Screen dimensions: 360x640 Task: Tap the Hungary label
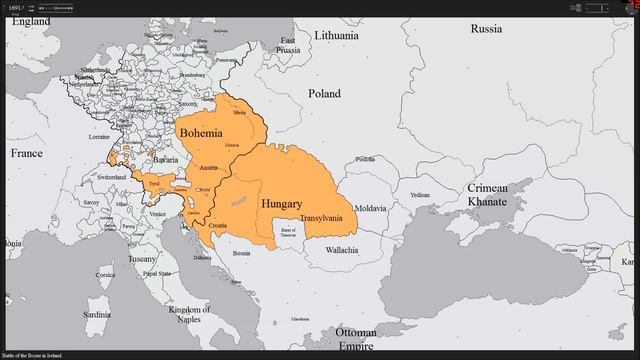click(x=281, y=204)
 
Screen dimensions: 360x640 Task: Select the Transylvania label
click(x=321, y=217)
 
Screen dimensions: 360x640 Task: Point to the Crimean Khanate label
click(x=487, y=195)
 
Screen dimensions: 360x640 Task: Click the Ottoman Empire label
click(x=356, y=339)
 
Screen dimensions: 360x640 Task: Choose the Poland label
click(x=324, y=93)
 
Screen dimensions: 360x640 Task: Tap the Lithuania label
click(x=335, y=35)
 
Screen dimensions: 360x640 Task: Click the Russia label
click(x=486, y=28)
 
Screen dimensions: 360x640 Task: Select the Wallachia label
click(x=341, y=249)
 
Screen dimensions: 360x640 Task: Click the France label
click(x=26, y=153)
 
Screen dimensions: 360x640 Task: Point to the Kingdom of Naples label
click(x=189, y=315)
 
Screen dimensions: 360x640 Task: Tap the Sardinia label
click(x=97, y=314)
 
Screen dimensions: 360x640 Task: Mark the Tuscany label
click(x=141, y=259)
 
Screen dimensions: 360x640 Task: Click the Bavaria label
click(x=165, y=160)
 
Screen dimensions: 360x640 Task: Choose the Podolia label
click(x=366, y=158)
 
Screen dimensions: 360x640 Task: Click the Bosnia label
click(x=241, y=253)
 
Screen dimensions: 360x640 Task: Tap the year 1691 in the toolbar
click(x=15, y=7)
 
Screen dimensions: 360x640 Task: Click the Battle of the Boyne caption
click(x=32, y=355)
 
